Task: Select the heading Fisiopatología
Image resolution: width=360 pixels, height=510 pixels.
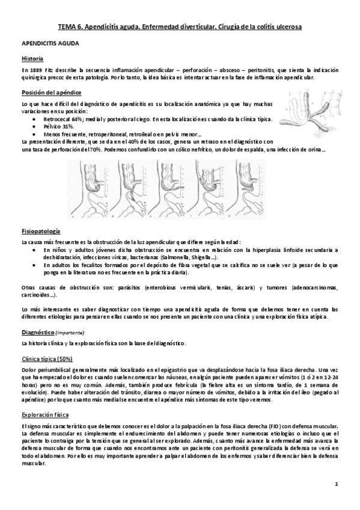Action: (x=39, y=230)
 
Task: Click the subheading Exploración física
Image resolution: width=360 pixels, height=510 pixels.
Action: (x=45, y=415)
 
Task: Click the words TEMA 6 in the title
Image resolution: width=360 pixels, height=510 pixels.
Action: (x=70, y=27)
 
